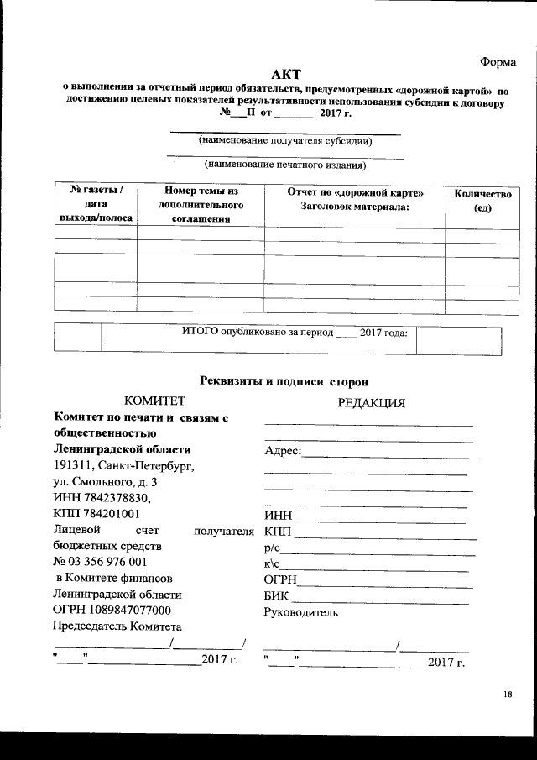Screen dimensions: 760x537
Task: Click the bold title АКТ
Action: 287,76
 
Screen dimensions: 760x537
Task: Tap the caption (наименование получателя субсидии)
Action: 286,141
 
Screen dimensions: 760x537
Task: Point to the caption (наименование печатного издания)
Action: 286,165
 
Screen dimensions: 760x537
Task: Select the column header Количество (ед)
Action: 477,201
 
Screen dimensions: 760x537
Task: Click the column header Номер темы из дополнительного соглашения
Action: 201,205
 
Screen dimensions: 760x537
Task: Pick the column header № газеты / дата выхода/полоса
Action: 95,204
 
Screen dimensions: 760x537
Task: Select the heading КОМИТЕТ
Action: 154,401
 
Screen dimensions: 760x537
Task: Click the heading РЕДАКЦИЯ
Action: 371,402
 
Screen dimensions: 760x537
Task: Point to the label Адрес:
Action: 282,452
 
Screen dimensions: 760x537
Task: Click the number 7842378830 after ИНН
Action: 115,498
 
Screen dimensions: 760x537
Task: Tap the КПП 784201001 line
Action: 96,513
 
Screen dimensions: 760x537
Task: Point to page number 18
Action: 508,694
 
